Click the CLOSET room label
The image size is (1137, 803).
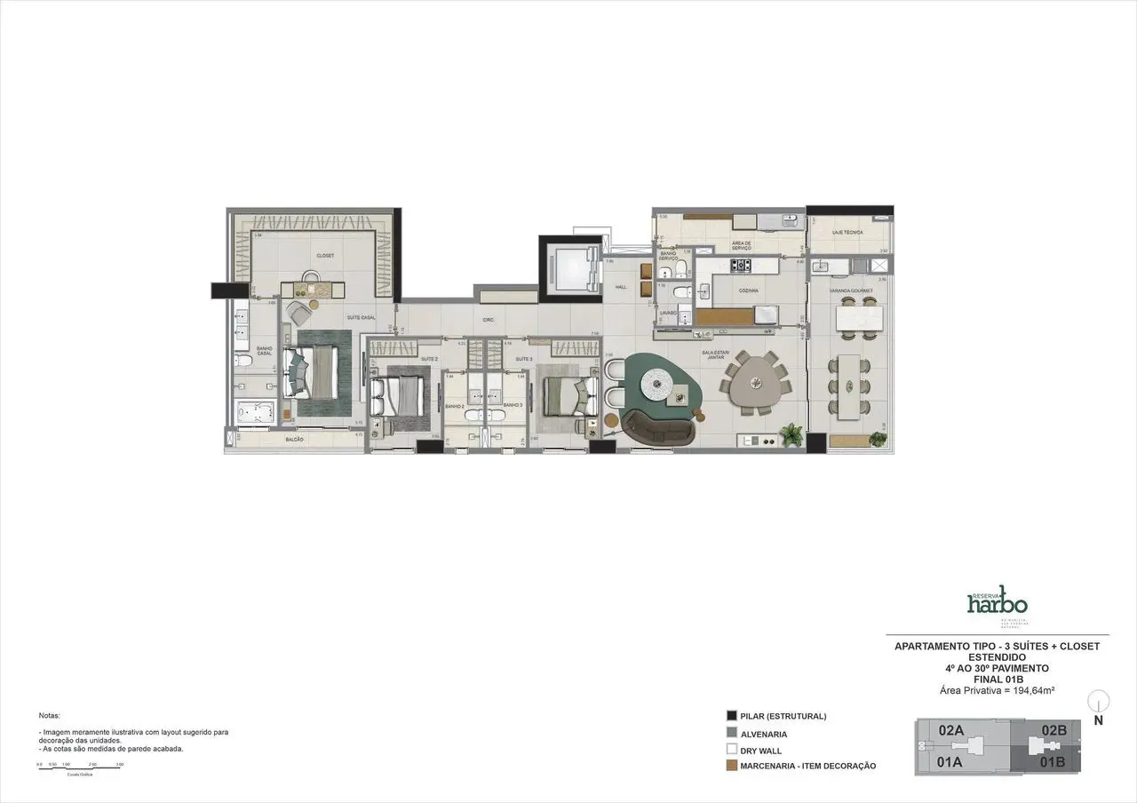(x=324, y=256)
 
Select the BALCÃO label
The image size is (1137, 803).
(x=295, y=440)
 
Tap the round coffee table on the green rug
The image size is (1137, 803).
(x=660, y=384)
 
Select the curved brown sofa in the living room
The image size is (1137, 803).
(x=657, y=431)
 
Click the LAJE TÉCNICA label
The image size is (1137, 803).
(x=847, y=232)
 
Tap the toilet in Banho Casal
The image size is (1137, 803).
(x=244, y=361)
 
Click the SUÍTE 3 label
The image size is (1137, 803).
(x=524, y=359)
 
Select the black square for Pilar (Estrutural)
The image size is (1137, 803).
(x=732, y=716)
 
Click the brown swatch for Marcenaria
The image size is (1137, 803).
(x=732, y=765)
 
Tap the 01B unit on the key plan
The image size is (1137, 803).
(x=1054, y=761)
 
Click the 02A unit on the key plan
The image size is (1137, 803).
(x=951, y=730)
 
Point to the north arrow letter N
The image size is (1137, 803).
(x=1099, y=721)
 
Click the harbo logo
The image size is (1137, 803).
(x=996, y=601)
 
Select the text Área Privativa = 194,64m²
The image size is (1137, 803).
(x=997, y=690)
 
